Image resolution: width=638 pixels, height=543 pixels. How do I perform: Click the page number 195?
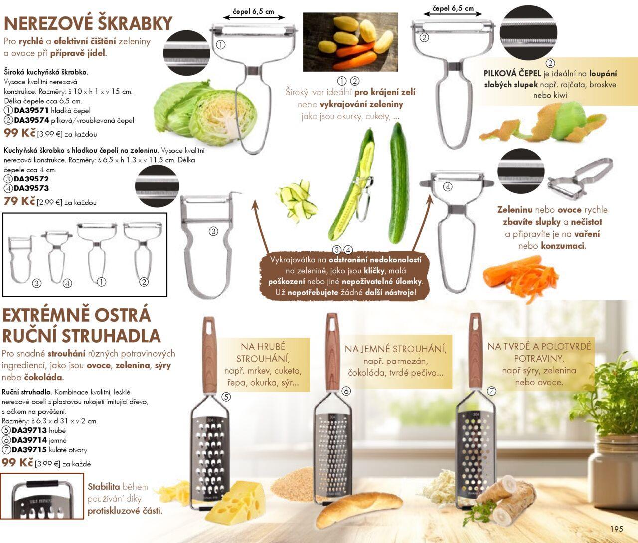[617, 529]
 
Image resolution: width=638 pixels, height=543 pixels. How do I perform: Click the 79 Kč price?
[19, 201]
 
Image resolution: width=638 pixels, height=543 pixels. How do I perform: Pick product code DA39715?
[29, 450]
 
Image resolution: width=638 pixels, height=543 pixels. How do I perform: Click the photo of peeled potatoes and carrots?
[350, 42]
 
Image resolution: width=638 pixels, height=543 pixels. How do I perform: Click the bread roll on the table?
[358, 510]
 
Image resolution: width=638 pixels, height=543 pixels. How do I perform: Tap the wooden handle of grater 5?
[209, 356]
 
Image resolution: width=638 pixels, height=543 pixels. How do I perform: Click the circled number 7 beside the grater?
[491, 391]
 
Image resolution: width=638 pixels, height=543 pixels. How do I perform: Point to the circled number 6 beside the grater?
[346, 391]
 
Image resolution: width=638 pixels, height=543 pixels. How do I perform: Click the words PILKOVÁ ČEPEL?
[512, 73]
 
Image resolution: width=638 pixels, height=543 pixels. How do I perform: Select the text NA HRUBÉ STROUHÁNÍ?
[263, 353]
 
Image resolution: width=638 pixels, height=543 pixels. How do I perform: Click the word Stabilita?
[104, 487]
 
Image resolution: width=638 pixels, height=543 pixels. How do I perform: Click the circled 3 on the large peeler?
[213, 231]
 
